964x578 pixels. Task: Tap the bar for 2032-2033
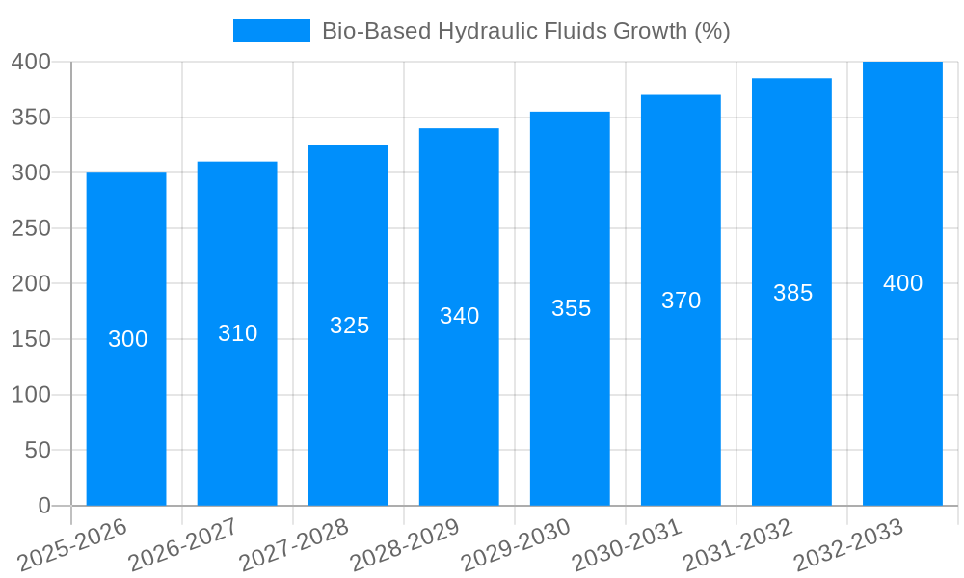click(x=902, y=385)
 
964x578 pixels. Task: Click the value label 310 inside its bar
click(x=237, y=333)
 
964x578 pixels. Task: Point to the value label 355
click(x=571, y=308)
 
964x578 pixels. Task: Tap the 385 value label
click(x=792, y=293)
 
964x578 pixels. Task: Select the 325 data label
click(x=349, y=326)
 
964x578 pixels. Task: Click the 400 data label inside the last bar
click(x=902, y=283)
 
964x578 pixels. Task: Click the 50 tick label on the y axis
click(x=37, y=450)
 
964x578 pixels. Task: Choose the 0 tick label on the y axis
click(x=43, y=506)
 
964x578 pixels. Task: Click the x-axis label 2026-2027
click(x=183, y=545)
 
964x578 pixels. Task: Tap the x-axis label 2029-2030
click(x=516, y=545)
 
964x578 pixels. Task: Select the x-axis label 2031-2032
click(x=737, y=545)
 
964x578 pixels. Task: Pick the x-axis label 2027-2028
click(x=294, y=545)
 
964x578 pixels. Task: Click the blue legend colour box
click(x=271, y=31)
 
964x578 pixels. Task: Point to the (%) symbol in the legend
click(x=712, y=31)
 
